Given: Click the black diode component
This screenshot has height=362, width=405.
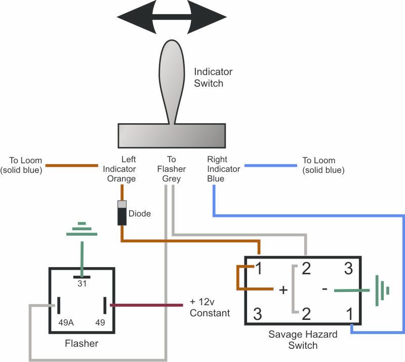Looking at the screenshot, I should [121, 213].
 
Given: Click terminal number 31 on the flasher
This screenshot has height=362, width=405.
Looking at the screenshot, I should [82, 284].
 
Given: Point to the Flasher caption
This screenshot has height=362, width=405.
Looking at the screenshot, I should [82, 344].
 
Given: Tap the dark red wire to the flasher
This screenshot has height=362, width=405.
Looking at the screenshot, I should [147, 305].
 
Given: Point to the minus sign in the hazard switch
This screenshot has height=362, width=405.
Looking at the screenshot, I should [325, 288].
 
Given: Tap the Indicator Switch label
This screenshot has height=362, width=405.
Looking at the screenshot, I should [213, 78].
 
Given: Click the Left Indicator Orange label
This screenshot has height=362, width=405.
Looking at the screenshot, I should [119, 169].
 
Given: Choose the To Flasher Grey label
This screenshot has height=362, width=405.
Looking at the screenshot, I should [171, 169].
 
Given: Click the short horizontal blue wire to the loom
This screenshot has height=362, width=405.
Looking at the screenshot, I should [271, 165].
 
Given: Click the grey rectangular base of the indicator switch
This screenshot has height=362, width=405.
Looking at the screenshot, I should [172, 135].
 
